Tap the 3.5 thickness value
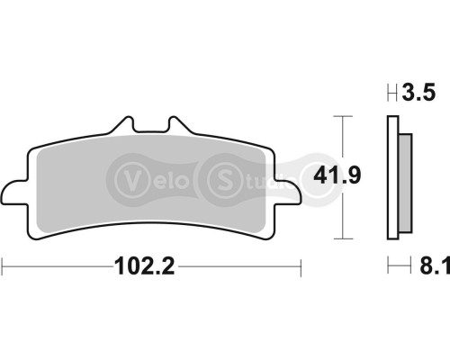click(418, 92)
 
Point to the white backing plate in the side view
click(391, 180)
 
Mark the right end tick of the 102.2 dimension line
click(299, 266)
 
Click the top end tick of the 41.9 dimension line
click(339, 115)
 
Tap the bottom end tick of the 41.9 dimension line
click(339, 239)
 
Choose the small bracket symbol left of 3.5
click(391, 92)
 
